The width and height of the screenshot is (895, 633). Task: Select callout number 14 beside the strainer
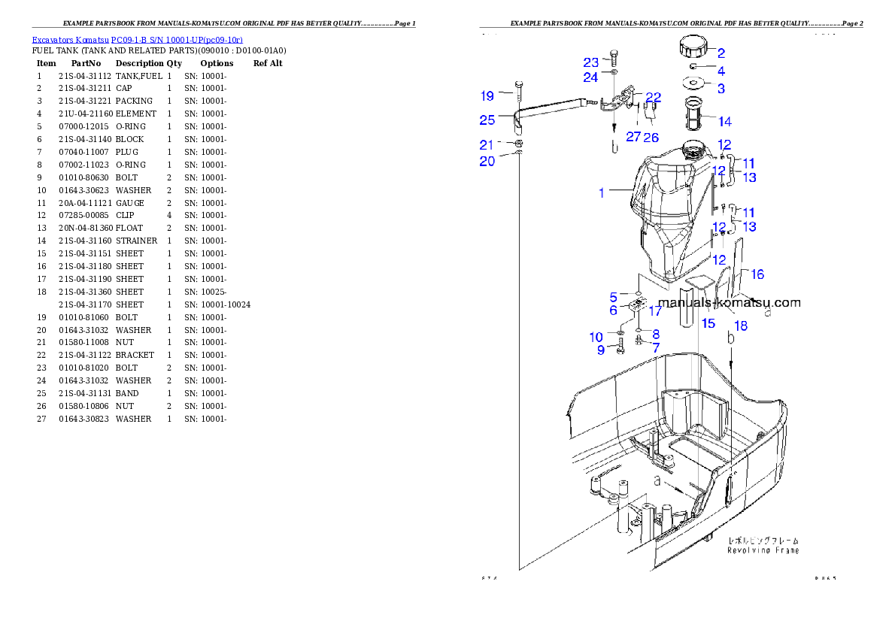pos(724,122)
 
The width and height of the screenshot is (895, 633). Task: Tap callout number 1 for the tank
pos(602,193)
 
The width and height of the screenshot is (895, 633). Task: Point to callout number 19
pos(487,95)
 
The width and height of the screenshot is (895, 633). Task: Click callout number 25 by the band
pos(487,120)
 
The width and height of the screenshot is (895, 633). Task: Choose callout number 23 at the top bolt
pos(591,62)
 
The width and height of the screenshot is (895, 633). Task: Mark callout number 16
pos(757,274)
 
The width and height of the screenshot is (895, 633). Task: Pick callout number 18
pos(741,326)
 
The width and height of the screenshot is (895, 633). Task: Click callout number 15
pos(708,323)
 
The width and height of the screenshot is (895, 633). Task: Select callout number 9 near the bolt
pos(601,350)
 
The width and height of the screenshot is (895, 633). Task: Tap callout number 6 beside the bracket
pos(613,310)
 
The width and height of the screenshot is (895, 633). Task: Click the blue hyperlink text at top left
pos(137,40)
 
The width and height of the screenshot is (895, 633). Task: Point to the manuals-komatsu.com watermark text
pos(729,303)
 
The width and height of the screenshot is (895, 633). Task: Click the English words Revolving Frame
pos(763,550)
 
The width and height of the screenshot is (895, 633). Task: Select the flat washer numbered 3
pos(694,83)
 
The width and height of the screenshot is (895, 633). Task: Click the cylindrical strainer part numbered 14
pos(696,113)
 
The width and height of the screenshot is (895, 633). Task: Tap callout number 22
pos(653,97)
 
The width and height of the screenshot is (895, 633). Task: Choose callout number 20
pos(487,161)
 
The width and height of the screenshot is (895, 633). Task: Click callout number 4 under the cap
pos(721,71)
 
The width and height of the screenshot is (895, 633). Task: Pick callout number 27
pos(633,137)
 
